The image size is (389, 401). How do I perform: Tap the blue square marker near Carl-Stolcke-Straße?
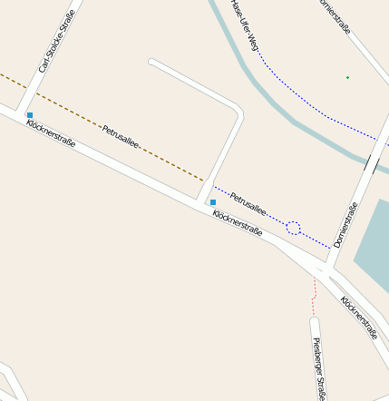30,115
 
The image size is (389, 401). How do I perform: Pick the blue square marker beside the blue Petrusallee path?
213,201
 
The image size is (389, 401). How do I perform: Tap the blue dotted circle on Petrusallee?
293,228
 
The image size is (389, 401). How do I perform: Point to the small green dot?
347,77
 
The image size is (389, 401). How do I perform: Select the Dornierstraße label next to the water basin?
345,225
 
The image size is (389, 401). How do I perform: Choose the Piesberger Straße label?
318,367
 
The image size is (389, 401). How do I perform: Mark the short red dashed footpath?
315,289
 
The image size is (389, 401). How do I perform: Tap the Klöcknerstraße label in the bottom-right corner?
359,318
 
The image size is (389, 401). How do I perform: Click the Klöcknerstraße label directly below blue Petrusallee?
238,225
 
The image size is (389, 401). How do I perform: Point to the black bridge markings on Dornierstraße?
372,163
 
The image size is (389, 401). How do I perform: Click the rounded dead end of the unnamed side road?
152,64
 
